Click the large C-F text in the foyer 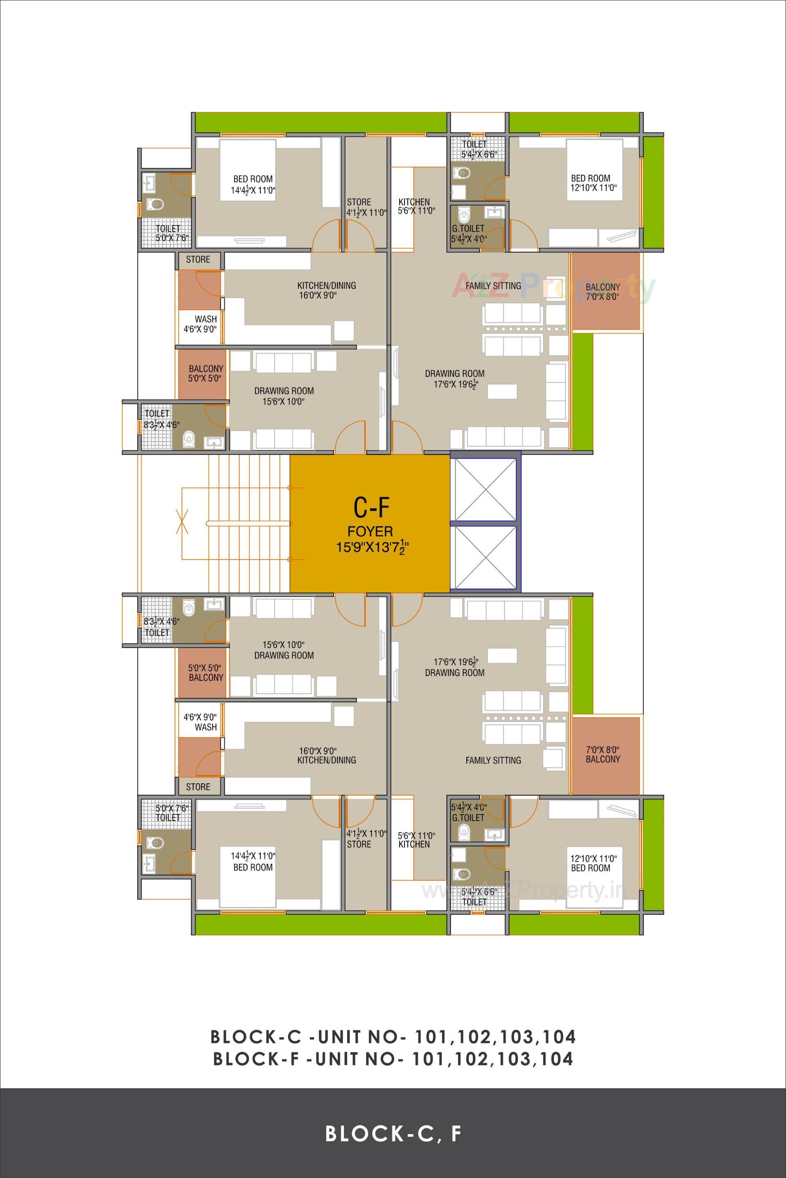pyautogui.click(x=371, y=508)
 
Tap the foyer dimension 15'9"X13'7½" pyautogui.click(x=371, y=547)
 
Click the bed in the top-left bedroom pyautogui.click(x=248, y=170)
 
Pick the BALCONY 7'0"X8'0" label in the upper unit pyautogui.click(x=603, y=292)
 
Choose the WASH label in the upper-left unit pyautogui.click(x=206, y=319)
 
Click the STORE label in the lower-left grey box pyautogui.click(x=198, y=787)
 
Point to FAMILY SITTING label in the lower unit pyautogui.click(x=493, y=760)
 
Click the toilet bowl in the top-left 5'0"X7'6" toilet pyautogui.click(x=156, y=204)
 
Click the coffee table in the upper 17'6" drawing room pyautogui.click(x=502, y=391)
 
